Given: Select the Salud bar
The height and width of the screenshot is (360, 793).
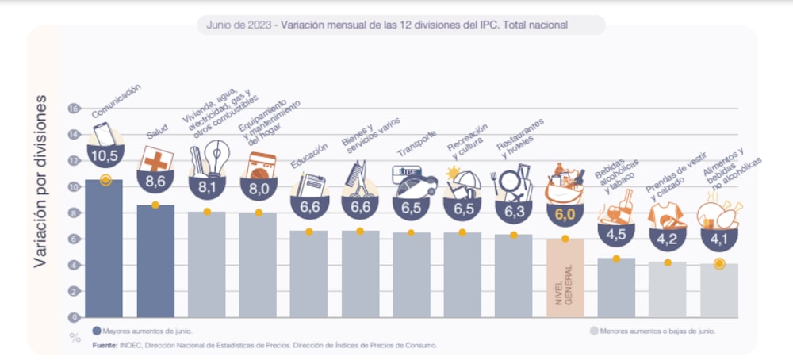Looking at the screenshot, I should pos(155,262).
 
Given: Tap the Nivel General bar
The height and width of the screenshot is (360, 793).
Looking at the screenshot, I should pos(565,278).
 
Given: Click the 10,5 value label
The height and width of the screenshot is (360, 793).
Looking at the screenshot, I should pos(104,156).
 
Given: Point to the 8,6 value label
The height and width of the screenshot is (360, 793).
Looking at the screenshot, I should pos(155,182).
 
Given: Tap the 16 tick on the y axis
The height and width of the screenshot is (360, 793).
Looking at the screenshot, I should pos(75,109).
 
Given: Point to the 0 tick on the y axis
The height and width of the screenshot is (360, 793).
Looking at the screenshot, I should pos(75,317).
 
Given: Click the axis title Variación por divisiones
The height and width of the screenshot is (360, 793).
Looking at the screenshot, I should pos(42,182).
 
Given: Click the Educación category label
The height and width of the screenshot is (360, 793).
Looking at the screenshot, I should pos(309,154).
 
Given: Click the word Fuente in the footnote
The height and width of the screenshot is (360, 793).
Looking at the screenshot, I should pos(105,345).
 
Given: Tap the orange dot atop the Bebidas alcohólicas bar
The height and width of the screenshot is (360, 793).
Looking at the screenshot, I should pos(616,259).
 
